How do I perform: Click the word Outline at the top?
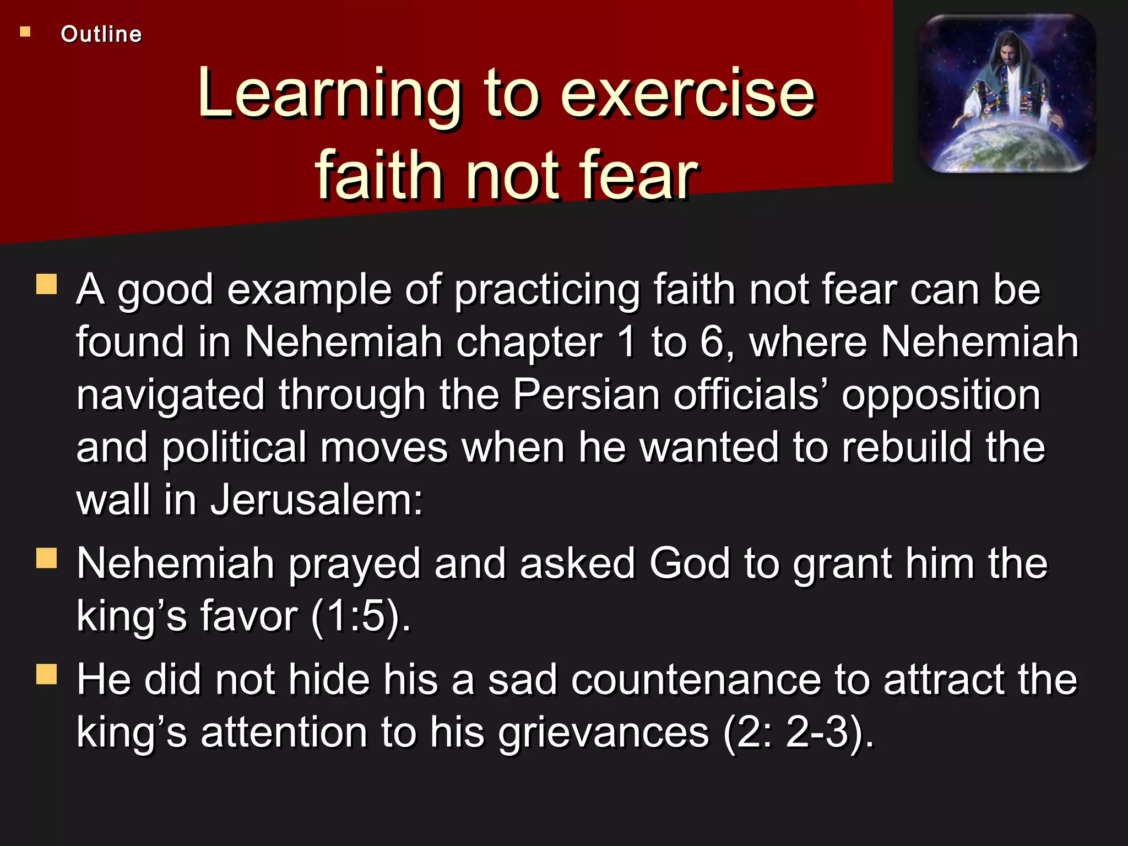point(101,34)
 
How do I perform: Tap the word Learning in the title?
point(329,94)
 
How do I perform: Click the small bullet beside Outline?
point(25,32)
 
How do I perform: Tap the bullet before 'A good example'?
point(47,284)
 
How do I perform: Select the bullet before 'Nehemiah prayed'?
point(47,557)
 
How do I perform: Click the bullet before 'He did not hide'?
point(47,674)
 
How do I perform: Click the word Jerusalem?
point(316,500)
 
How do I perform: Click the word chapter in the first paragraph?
point(529,343)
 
